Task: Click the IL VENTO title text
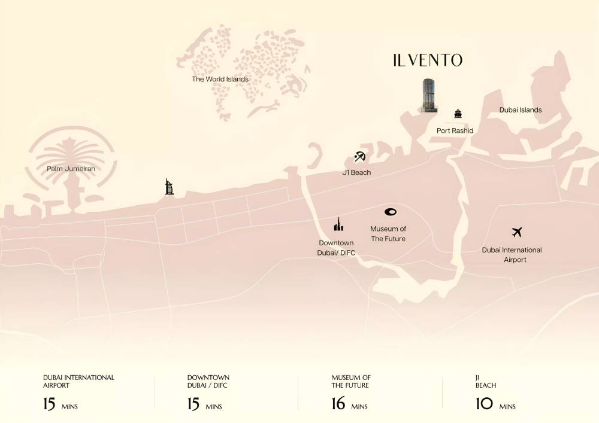point(427,60)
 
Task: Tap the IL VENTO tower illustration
point(428,95)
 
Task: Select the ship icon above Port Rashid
point(458,114)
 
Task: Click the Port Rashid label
point(455,130)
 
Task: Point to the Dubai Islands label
point(521,110)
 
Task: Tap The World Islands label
point(220,79)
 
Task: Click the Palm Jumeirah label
point(71,169)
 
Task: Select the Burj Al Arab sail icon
point(170,187)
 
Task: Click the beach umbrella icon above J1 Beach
point(359,157)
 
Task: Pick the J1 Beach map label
point(356,172)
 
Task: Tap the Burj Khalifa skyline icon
point(338,225)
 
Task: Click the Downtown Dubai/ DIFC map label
point(336,248)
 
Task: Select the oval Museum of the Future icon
point(391,212)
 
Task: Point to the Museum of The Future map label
point(388,234)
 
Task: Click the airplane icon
point(517,232)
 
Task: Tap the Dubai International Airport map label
point(512,255)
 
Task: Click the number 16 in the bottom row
point(338,404)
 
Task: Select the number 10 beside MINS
point(484,404)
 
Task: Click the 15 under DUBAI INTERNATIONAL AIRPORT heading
point(49,404)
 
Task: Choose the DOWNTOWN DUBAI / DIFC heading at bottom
point(208,381)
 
